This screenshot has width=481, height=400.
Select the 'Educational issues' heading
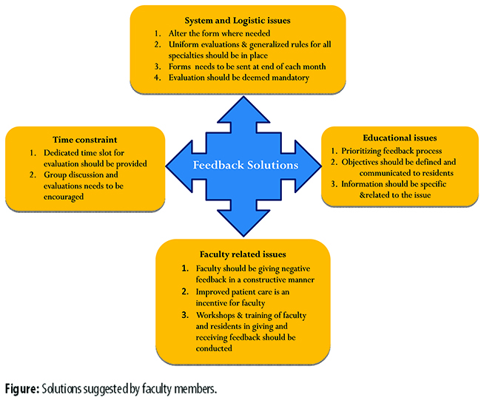(x=400, y=137)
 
